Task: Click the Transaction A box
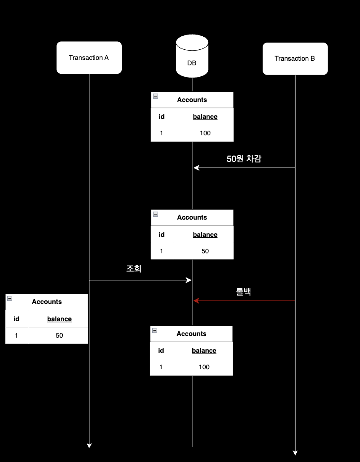tap(89, 58)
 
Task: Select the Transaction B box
tap(295, 59)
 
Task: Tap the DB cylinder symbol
tap(192, 56)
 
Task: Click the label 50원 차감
tap(244, 159)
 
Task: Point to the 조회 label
tap(134, 269)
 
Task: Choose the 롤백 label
tap(243, 291)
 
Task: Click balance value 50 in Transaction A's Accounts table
tap(59, 336)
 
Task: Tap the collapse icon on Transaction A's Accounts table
tap(10, 298)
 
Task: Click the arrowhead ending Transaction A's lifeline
tap(89, 445)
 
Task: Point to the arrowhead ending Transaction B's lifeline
tap(295, 453)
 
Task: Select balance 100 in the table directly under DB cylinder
tap(205, 133)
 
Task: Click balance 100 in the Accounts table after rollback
tap(204, 367)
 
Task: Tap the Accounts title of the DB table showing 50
tap(192, 218)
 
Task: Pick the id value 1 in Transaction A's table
tap(16, 336)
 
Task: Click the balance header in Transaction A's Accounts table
tap(59, 319)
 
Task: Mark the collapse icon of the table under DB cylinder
tap(156, 97)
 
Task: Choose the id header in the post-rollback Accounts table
tap(161, 351)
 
